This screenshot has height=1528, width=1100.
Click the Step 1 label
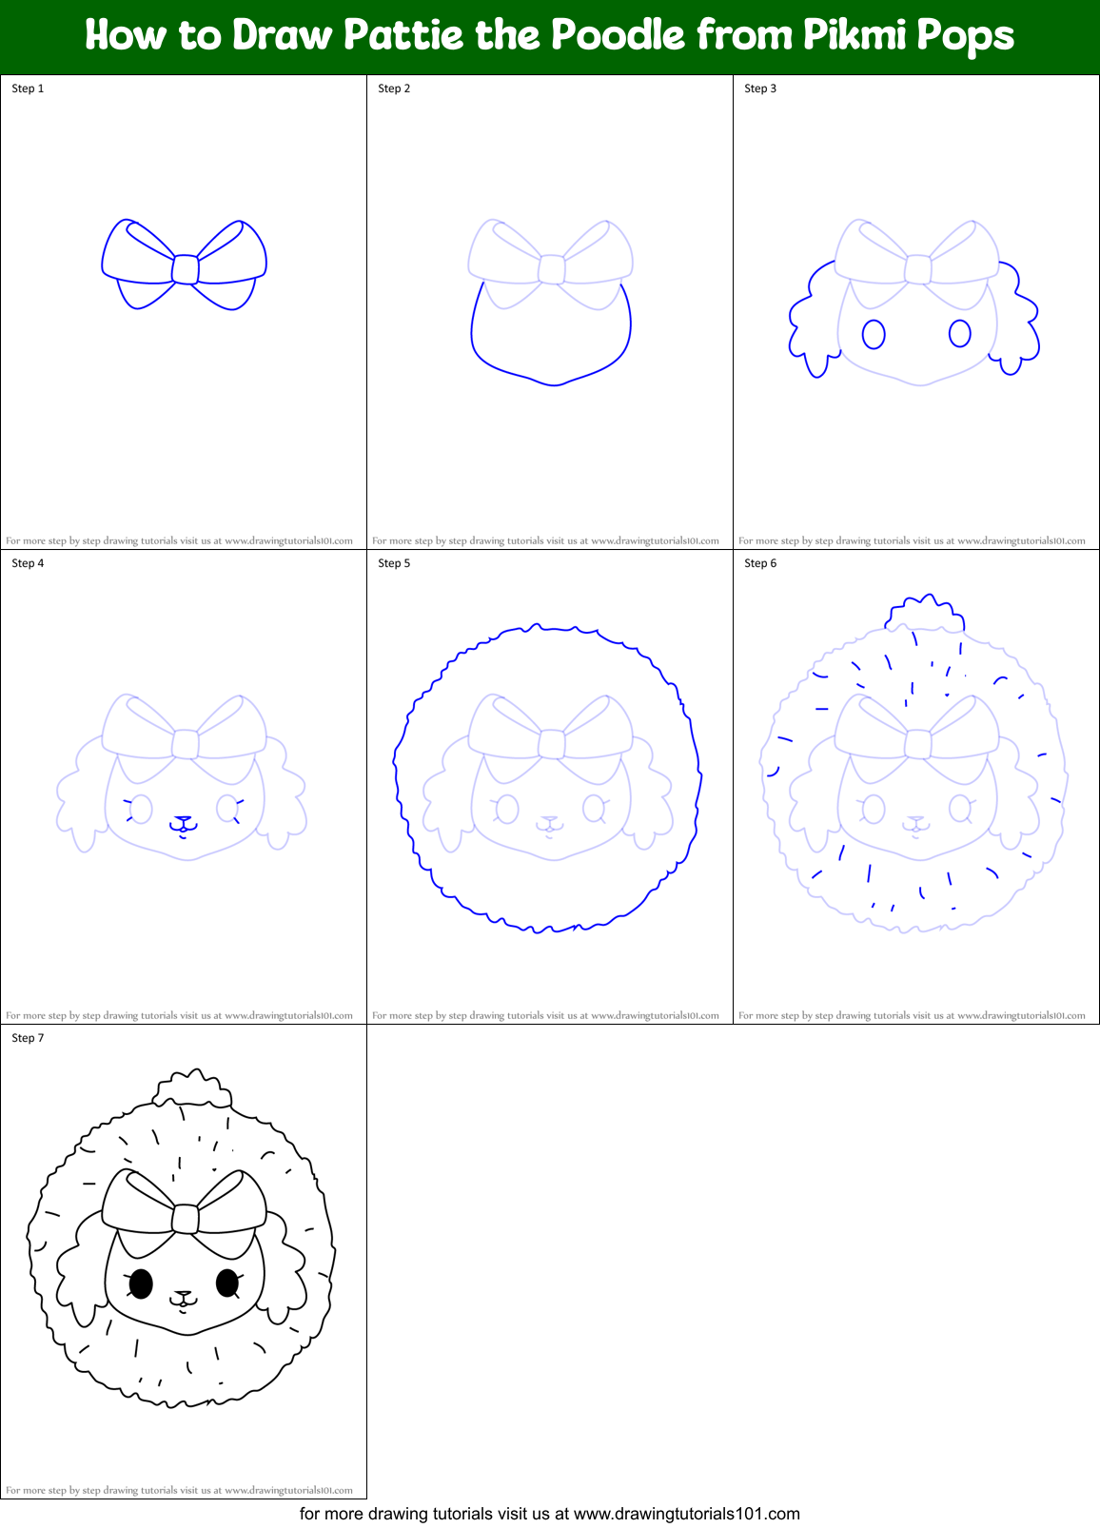click(28, 88)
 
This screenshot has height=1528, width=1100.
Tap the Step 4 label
click(28, 563)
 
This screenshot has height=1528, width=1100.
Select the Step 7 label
click(28, 1038)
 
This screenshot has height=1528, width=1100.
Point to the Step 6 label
click(760, 563)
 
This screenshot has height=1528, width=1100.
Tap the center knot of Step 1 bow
click(185, 269)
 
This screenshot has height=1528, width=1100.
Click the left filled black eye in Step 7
click(140, 1283)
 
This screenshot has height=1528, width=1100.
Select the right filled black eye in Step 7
click(227, 1283)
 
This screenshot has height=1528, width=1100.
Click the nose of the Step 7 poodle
click(183, 1295)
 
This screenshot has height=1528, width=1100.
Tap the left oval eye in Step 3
click(874, 334)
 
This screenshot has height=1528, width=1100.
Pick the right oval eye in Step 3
click(960, 333)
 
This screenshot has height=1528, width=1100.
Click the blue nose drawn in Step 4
click(183, 819)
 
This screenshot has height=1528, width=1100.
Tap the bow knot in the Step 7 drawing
click(185, 1219)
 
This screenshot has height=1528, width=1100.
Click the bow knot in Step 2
click(551, 269)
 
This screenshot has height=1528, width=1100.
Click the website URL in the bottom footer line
click(687, 1514)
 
